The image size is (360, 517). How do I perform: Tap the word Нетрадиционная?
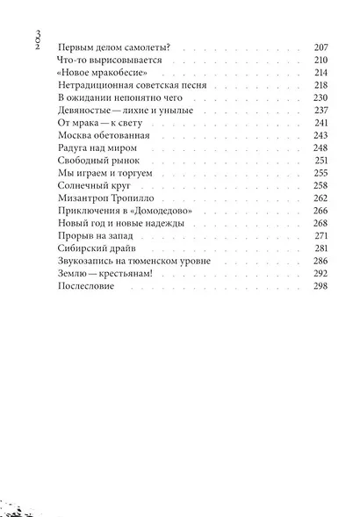[91, 87]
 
